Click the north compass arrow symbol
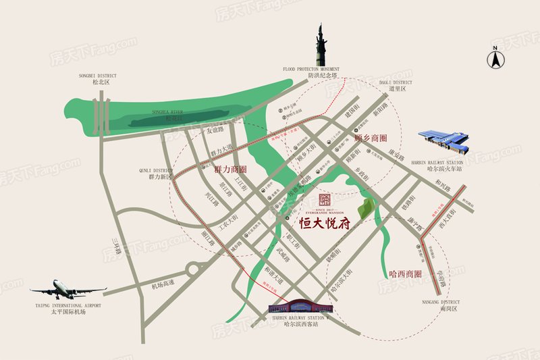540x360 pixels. click(495, 58)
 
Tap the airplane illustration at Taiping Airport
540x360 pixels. click(67, 290)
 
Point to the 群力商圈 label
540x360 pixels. click(231, 169)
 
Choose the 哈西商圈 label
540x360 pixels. click(406, 274)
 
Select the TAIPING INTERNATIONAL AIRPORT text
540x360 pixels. click(65, 305)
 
